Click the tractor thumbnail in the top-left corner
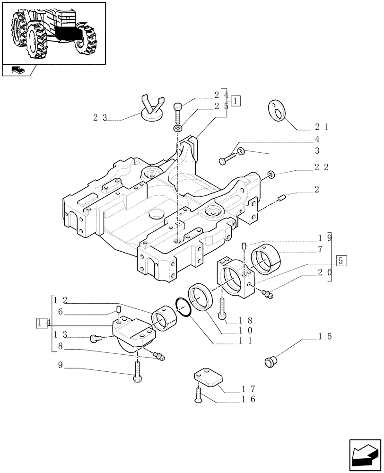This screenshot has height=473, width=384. coord(53,32)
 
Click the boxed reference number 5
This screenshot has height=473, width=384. coord(341,260)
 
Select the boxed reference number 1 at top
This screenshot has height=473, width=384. coord(236,101)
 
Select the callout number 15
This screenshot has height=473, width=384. coord(325,337)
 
